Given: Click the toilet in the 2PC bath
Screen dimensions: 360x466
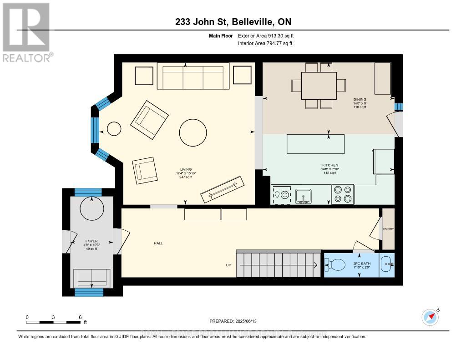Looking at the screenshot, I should click(337, 264).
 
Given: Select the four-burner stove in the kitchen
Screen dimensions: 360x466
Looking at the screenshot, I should click(343, 194).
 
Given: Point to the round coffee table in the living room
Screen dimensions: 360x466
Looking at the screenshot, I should click(194, 132).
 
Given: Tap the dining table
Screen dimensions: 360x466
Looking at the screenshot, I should click(319, 86).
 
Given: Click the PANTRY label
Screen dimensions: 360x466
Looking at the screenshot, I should click(388, 229).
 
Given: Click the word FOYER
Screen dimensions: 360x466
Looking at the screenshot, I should click(91, 241).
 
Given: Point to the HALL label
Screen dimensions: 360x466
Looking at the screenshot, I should click(158, 243).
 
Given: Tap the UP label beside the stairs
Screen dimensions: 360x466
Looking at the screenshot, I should click(229, 265).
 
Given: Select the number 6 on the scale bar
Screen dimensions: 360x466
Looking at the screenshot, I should click(80, 317).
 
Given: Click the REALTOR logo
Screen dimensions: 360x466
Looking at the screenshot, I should click(26, 32).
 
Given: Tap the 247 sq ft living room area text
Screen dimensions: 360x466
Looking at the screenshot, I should click(185, 177).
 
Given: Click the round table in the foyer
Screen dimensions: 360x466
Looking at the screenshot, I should click(91, 208).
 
